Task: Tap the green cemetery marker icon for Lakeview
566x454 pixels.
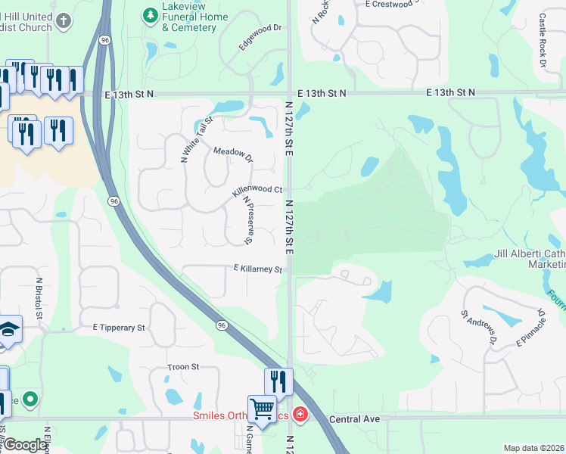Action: point(150,14)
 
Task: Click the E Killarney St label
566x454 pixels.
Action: point(257,269)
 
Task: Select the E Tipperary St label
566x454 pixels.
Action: point(118,328)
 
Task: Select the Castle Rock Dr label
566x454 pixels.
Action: point(543,39)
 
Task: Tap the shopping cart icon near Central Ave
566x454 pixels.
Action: point(262,409)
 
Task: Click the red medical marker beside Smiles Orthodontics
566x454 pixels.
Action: point(300,415)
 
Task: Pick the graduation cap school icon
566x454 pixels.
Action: point(9,329)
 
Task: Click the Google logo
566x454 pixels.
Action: point(25,445)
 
